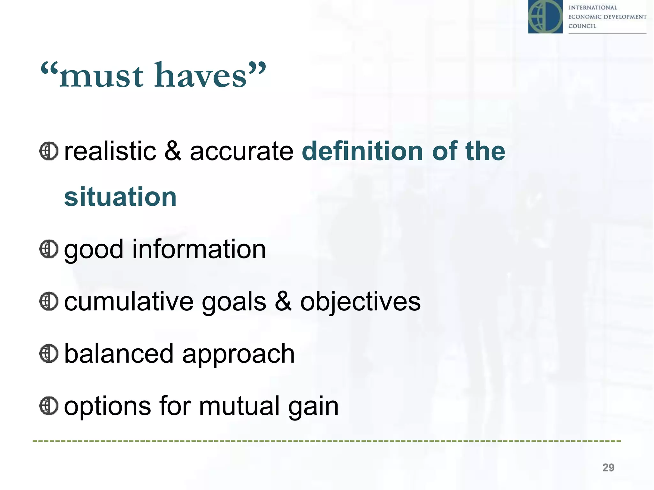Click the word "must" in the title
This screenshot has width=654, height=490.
[101, 76]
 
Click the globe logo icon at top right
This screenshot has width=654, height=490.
[545, 17]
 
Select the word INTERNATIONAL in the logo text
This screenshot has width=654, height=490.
[592, 8]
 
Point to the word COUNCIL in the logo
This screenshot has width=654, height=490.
[582, 26]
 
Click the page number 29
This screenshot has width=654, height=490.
[608, 467]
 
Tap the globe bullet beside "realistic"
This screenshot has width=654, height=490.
[49, 151]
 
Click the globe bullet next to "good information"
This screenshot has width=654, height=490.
[49, 249]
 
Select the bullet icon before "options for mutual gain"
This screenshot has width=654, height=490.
[49, 406]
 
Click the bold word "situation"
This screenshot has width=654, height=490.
[120, 197]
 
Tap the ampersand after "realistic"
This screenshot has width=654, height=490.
[173, 151]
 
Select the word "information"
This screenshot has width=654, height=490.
[199, 249]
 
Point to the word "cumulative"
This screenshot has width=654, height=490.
[129, 301]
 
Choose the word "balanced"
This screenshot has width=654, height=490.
[118, 354]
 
